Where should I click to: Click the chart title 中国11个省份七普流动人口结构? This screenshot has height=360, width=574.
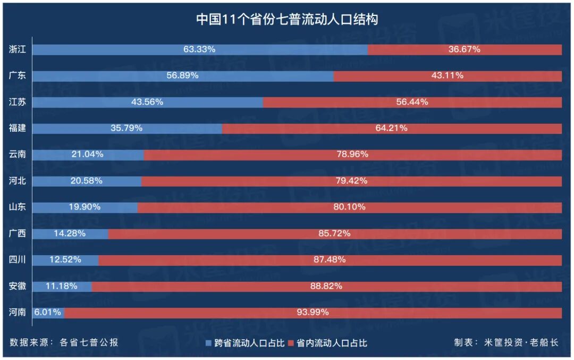pos(287,20)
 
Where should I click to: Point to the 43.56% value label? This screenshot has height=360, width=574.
pos(147,102)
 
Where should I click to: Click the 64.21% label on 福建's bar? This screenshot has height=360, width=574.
pos(391,128)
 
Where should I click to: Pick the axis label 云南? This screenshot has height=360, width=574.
pos(18,155)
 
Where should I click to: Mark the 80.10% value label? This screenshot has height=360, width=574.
pos(349,207)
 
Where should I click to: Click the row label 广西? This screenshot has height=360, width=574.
pos(18,233)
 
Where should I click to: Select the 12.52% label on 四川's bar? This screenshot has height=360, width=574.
pos(65,259)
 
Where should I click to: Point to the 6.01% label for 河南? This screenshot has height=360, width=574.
pos(48,312)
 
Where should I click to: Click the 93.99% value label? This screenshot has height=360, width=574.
pos(313,312)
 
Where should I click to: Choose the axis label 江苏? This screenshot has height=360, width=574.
pos(18,102)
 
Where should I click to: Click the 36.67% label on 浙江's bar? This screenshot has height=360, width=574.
pos(464,49)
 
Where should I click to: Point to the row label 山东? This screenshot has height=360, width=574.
pos(18,207)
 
